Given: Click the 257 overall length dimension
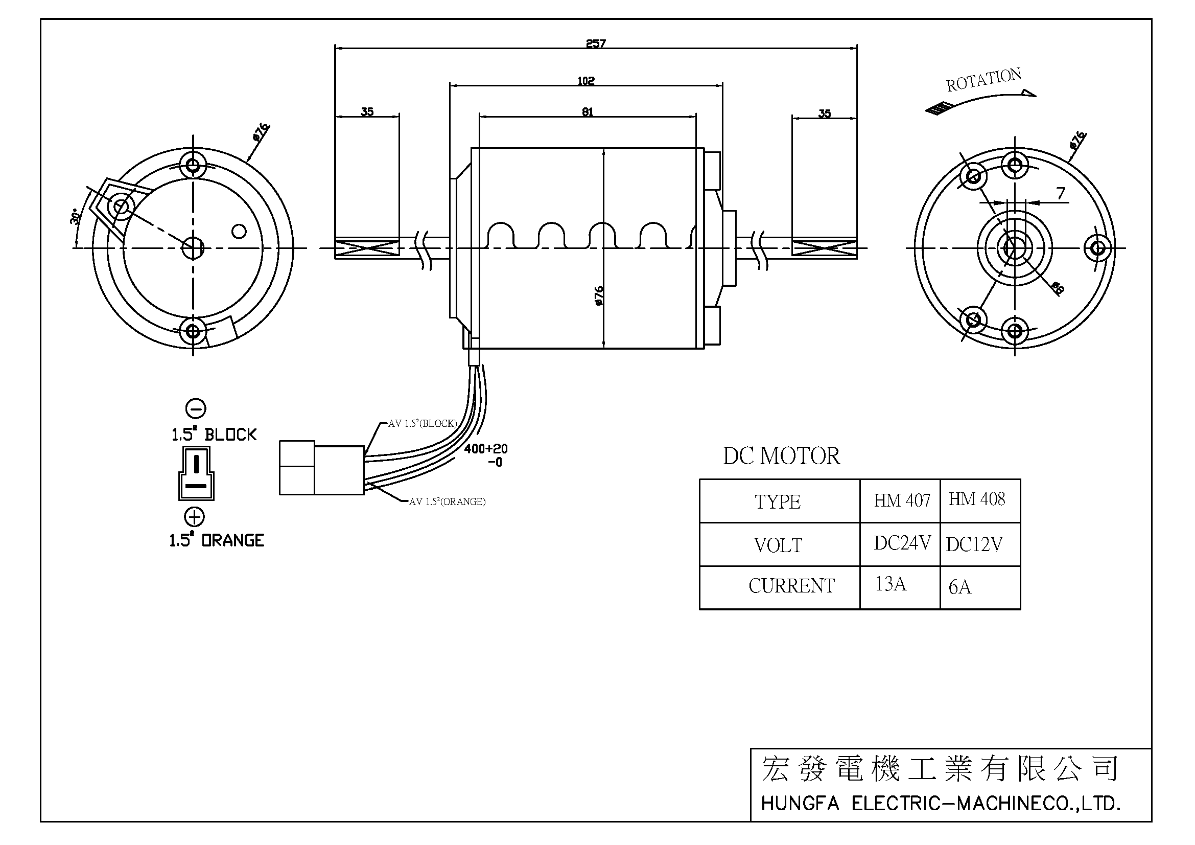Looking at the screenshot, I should (595, 43).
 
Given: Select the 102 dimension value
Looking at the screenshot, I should (585, 81).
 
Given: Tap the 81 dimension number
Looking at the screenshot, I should (587, 111).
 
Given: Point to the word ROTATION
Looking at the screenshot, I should (983, 80).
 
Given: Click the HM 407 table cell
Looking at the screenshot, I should (902, 500).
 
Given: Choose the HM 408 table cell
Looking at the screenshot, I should (976, 499).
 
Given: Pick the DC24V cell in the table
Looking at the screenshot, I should (902, 543).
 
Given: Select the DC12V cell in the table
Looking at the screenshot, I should (974, 544).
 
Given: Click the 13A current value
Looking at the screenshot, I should (891, 584).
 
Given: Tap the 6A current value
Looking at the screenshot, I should (959, 587).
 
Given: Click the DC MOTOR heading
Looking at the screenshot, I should (781, 456).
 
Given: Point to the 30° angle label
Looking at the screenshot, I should (75, 217).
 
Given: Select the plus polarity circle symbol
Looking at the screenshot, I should (195, 517).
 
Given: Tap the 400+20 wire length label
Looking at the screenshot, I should (485, 449).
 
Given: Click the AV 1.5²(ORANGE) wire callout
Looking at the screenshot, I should (447, 501).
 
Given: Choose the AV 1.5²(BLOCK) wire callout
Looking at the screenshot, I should (422, 423).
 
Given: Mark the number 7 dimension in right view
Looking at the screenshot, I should (1061, 194).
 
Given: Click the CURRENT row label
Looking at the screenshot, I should (791, 586).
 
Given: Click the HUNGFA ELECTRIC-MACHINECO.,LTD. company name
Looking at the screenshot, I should (941, 804).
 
